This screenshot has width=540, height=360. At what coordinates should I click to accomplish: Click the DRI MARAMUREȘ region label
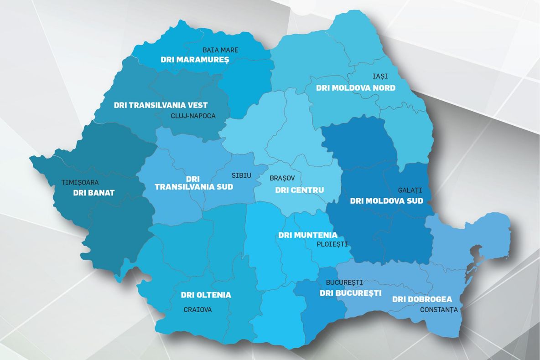194,60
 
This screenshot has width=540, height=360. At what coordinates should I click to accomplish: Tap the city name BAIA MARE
220,50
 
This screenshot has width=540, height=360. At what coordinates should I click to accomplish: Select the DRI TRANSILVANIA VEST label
161,105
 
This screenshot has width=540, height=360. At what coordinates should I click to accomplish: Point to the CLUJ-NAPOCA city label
193,116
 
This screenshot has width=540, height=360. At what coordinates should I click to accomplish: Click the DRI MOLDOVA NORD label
356,87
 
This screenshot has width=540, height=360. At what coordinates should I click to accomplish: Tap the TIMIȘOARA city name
80,182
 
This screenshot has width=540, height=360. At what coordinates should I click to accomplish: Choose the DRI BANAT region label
93,193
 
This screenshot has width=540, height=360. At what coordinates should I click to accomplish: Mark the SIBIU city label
241,175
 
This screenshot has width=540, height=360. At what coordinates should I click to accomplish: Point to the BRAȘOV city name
282,178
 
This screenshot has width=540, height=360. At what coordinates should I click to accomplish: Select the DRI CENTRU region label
299,190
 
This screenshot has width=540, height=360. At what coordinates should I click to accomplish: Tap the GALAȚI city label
410,190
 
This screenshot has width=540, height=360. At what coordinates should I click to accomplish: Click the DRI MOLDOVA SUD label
386,201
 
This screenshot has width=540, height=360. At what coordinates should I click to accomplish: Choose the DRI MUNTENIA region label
308,235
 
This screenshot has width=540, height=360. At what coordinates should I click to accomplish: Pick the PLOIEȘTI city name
332,244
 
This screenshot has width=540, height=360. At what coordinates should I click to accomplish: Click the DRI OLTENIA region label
206,295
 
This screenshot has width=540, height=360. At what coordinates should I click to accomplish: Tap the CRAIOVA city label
197,310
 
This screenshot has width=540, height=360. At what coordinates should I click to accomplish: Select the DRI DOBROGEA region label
422,299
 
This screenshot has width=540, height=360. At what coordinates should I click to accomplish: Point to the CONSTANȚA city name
438,310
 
